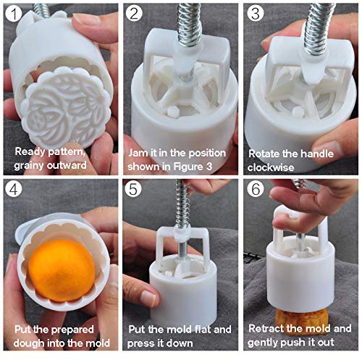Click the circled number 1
coord(14,14)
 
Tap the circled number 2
coord(134,14)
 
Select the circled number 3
coord(256,13)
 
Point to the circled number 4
coord(14,189)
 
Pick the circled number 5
coord(133,189)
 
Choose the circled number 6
coord(256,189)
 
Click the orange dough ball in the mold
coord(62,270)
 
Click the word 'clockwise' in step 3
coord(271,167)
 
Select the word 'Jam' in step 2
coord(137,153)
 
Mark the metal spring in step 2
coord(189,24)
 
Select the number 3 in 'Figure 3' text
coord(209,167)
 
